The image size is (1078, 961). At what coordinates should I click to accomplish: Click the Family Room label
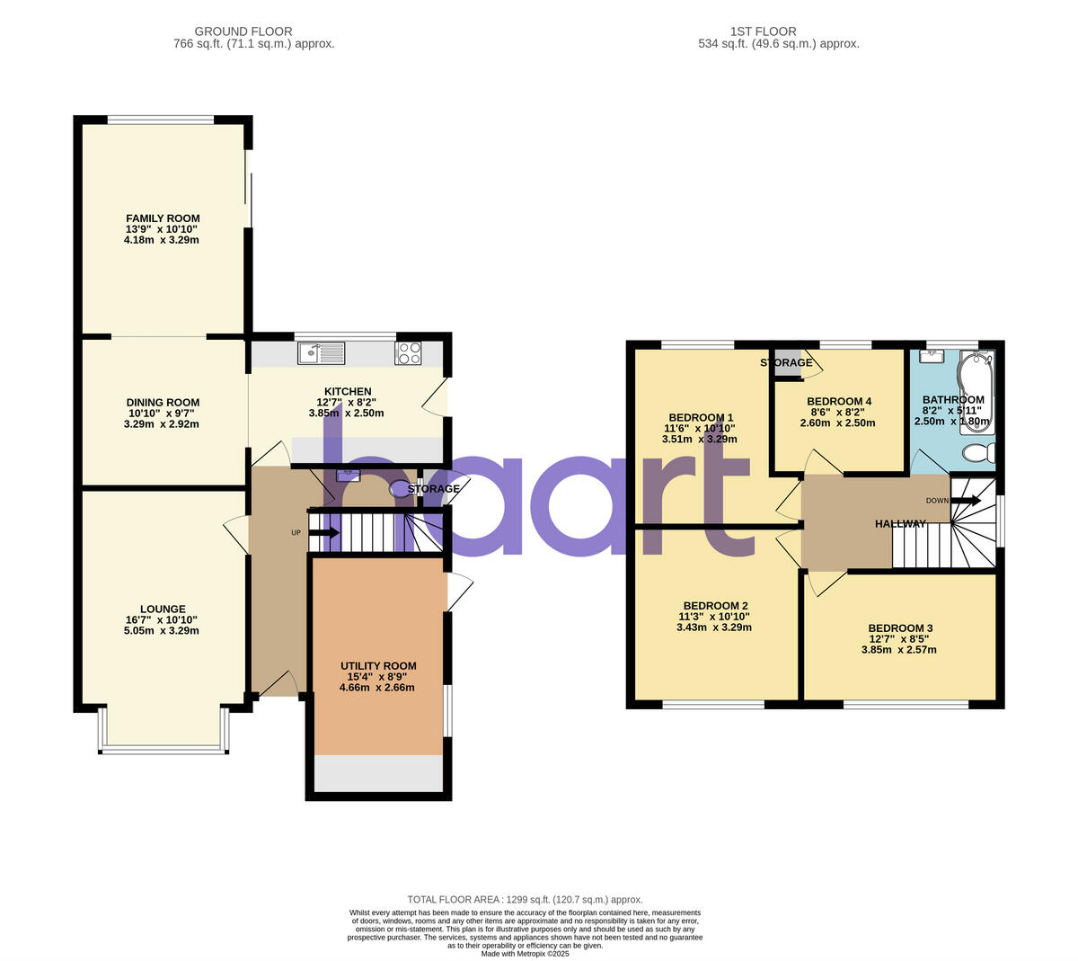click(163, 218)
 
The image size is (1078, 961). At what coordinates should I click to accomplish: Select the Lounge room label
click(163, 609)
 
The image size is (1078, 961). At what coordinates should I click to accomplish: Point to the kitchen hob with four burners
click(409, 353)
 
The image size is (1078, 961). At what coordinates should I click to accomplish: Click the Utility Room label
click(378, 666)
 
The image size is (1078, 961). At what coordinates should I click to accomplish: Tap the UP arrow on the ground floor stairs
click(323, 533)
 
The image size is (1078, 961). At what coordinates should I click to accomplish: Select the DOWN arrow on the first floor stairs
click(967, 501)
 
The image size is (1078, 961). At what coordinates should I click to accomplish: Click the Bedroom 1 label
click(699, 417)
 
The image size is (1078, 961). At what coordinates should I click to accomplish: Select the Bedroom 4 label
click(839, 402)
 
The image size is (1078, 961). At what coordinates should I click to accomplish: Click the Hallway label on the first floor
click(900, 523)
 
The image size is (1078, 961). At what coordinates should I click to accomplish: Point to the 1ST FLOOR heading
click(764, 31)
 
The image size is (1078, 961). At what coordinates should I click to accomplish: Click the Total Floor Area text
click(526, 899)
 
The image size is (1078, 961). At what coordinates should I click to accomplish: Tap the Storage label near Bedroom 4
click(786, 363)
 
